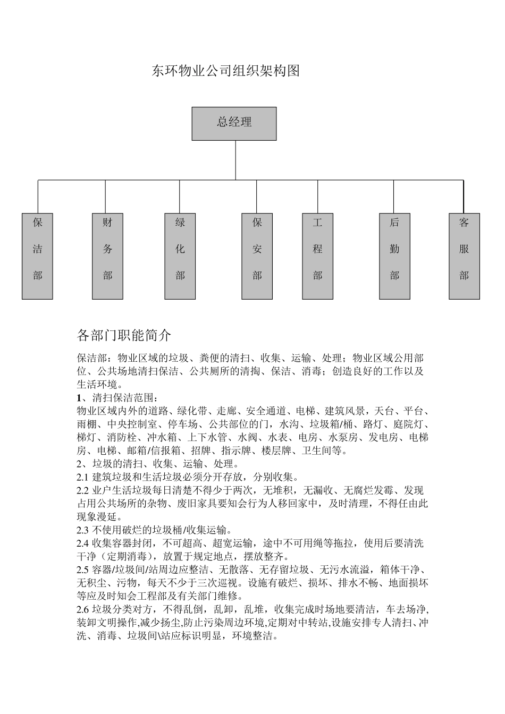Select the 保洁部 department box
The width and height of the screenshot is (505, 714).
coord(37,256)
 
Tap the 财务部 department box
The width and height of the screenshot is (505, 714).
coord(107,256)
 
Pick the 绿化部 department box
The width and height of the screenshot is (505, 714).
coord(180,256)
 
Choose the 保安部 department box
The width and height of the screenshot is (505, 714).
coord(257,256)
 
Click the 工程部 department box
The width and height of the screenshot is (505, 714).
coord(317,256)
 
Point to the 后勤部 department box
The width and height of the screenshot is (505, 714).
coord(394,256)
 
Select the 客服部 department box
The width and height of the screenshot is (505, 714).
coord(464,256)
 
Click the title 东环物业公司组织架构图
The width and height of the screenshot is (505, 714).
coord(226,71)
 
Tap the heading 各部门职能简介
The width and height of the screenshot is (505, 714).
coord(124,335)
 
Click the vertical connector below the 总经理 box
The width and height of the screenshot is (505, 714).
coord(235,160)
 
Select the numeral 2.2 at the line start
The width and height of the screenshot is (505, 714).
coord(82,490)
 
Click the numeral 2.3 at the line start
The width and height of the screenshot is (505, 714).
coord(82,530)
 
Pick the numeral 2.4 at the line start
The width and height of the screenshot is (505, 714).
coord(82,543)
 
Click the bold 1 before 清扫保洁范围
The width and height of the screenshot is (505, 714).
coord(79,398)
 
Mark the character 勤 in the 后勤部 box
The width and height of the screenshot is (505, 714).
coord(394,249)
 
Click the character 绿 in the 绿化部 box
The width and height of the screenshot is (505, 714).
coord(180,223)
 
